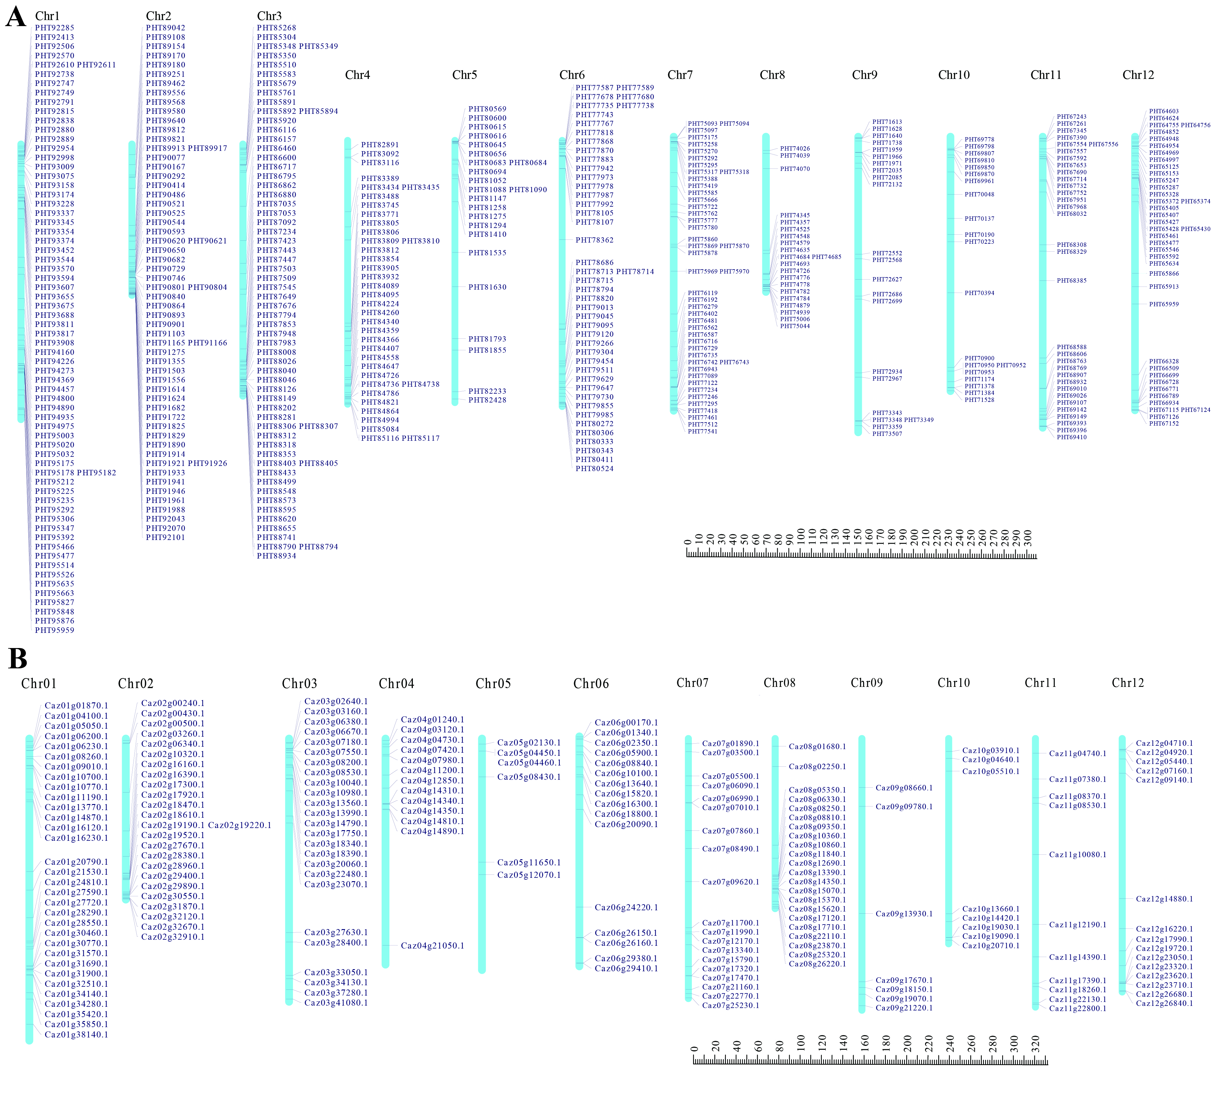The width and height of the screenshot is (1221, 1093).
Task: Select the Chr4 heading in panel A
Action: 357,75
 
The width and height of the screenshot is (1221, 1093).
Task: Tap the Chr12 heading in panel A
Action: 1138,75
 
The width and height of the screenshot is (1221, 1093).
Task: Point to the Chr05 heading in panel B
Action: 493,684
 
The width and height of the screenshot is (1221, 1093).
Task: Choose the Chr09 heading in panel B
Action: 867,683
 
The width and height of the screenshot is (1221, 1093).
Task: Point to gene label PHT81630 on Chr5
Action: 487,287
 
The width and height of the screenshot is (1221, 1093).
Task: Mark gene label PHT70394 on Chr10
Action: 979,293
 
